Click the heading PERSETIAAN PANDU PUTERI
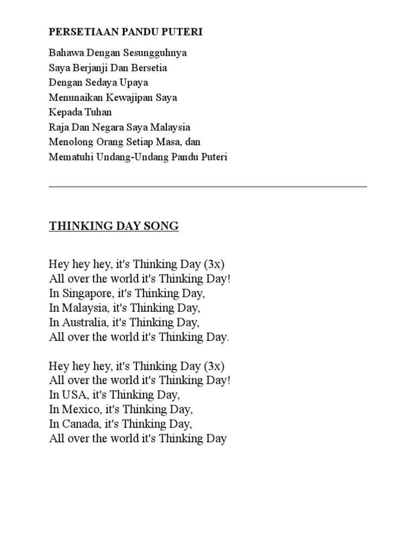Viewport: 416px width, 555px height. [x=126, y=32]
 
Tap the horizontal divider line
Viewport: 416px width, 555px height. [x=208, y=186]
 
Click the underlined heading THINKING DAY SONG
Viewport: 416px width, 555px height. [x=114, y=226]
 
